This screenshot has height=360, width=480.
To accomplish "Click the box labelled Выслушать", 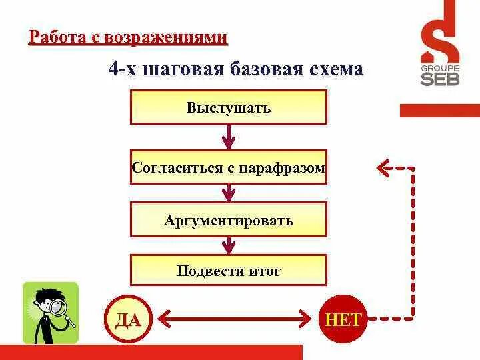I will pos(229,108).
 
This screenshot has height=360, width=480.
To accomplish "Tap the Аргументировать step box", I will pos(229,220).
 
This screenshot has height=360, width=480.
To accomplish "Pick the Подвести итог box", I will pos(229,271).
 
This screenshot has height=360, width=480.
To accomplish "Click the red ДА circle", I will pos(128,320).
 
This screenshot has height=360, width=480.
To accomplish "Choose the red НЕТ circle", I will pos(343,320).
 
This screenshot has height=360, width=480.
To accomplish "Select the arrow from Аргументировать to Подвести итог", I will pos(229,245).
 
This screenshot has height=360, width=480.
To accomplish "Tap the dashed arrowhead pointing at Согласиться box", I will pos(383,168).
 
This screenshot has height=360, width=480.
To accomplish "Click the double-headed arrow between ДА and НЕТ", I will pos(235,320).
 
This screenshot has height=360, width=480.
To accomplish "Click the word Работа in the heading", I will pos(52,37).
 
